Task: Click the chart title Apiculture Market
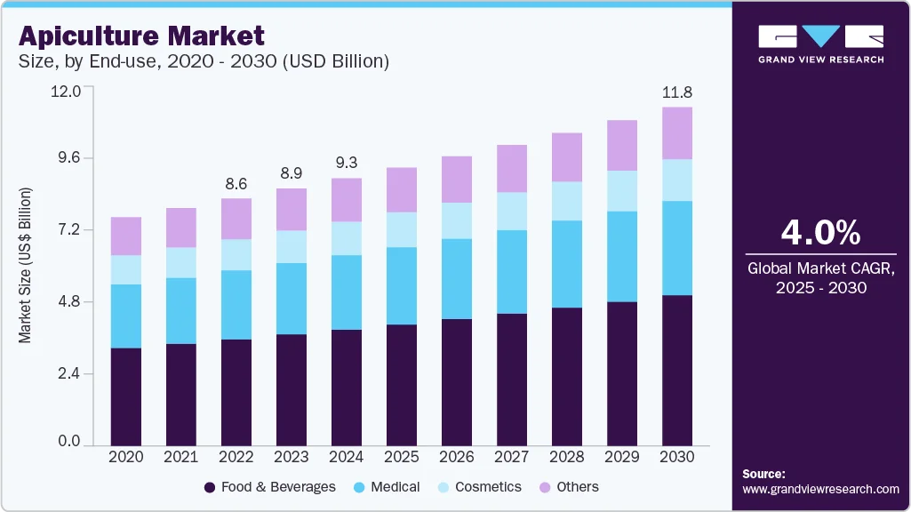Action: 140,36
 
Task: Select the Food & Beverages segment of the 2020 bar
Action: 126,396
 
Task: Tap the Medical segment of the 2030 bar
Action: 677,248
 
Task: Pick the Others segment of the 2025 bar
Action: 402,189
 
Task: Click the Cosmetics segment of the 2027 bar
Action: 512,211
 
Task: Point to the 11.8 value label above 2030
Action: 677,92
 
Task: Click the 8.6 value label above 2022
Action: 236,183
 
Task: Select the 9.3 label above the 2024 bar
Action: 347,163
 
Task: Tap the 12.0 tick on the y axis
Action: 68,91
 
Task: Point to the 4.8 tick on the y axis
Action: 69,302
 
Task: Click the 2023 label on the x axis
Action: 292,457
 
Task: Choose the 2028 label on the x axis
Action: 567,457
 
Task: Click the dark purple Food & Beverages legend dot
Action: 210,487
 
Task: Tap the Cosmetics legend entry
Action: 488,487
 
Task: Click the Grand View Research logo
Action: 820,44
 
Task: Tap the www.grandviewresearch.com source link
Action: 820,489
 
